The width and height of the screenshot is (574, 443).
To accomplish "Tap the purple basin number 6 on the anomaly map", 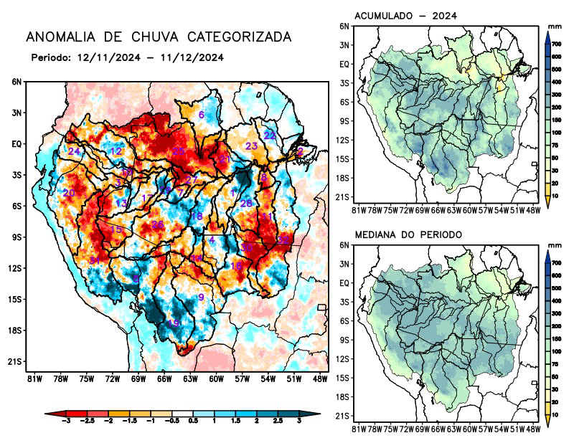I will click(201, 115).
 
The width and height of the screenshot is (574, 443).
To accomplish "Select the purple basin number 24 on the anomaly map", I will click(74, 151).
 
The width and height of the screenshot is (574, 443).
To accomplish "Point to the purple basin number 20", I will click(69, 194).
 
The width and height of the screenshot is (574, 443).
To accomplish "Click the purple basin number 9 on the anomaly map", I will click(201, 297).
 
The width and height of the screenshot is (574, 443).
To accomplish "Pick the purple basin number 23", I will click(251, 146).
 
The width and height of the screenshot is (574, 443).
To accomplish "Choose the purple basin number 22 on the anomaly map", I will click(270, 135).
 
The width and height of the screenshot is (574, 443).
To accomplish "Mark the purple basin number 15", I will click(116, 229).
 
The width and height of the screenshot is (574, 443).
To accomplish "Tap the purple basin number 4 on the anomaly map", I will click(212, 240).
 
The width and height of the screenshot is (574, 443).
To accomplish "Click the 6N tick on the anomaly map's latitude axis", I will click(17, 82).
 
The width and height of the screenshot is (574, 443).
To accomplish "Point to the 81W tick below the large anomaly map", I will click(33, 378).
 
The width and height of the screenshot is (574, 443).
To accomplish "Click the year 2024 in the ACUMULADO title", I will click(445, 16).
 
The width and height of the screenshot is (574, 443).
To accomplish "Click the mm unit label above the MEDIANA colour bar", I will click(555, 245).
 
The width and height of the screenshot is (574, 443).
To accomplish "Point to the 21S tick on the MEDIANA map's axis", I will click(343, 415).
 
